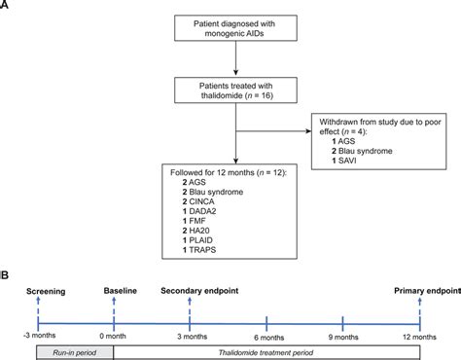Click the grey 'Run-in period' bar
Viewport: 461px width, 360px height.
pos(74,348)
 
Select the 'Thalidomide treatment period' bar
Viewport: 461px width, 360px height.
pos(267,348)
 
